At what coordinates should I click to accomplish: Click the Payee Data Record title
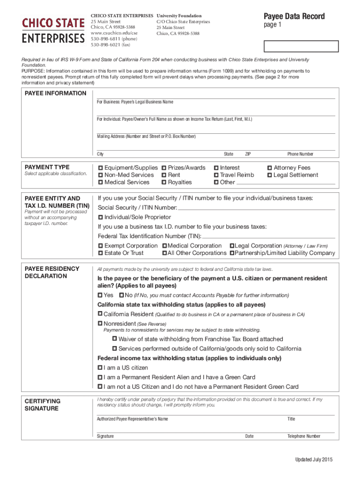(294, 16)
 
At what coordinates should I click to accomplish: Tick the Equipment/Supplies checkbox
(101, 168)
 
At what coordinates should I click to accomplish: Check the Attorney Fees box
(269, 168)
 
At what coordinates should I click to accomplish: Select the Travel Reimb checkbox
(216, 175)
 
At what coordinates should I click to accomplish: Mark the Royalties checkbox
(164, 182)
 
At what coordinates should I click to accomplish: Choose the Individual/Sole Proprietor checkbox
(101, 218)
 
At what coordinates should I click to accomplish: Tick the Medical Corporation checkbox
(165, 246)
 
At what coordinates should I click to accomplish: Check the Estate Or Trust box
(101, 253)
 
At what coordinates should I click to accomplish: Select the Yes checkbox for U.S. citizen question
(100, 295)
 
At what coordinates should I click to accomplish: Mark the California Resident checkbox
(100, 314)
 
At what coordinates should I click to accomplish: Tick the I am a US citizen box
(100, 368)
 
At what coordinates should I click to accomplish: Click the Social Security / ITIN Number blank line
(256, 208)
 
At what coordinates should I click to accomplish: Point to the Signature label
(105, 436)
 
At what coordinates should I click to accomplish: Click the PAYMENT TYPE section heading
(47, 167)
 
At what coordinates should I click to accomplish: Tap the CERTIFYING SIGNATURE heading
(42, 405)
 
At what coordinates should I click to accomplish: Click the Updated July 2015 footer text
(313, 459)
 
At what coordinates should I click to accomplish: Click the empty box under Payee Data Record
(301, 46)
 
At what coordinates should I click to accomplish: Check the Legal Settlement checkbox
(269, 175)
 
